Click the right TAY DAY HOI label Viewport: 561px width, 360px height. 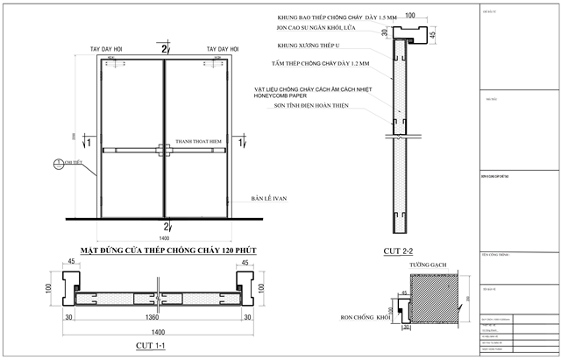tap(224, 50)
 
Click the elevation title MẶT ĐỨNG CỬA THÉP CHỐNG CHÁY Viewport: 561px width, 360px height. tap(167, 251)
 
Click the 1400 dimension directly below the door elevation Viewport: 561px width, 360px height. tap(165, 237)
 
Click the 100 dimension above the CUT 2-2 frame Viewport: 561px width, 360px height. tap(408, 15)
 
